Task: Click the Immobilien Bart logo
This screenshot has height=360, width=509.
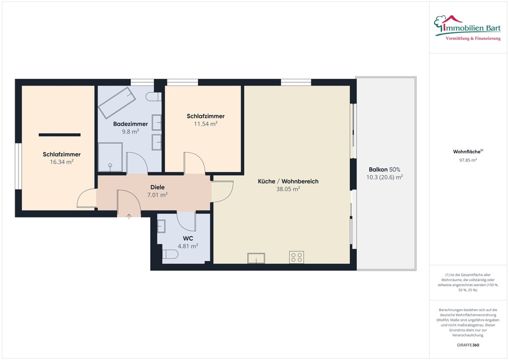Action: tap(467, 28)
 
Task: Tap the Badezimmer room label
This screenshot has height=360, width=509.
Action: tap(131, 123)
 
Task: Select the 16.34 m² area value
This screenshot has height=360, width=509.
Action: tap(62, 162)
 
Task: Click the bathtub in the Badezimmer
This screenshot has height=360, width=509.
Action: tap(117, 102)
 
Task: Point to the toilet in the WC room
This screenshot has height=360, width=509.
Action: tap(170, 254)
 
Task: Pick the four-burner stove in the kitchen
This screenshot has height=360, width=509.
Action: tap(296, 258)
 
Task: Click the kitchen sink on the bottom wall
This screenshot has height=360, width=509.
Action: tap(256, 258)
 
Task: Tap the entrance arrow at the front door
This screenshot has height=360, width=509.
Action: tap(129, 216)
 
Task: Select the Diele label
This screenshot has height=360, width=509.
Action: tap(157, 187)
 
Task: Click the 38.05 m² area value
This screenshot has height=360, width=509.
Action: tap(288, 189)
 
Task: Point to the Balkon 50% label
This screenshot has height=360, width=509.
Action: tap(385, 169)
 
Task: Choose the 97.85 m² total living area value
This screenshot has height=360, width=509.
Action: tap(468, 160)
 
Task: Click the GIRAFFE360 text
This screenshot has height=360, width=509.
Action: tap(468, 345)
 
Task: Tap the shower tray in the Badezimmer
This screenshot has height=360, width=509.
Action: tap(111, 157)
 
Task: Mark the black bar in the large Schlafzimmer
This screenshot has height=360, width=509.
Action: tap(60, 135)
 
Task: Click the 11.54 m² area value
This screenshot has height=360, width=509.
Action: tap(206, 123)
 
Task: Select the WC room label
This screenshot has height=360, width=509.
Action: tap(188, 238)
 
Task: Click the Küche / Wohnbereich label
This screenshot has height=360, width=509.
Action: tap(288, 181)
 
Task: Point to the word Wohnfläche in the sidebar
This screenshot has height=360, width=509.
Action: tap(467, 152)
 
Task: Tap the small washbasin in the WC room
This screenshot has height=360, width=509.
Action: tap(161, 226)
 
